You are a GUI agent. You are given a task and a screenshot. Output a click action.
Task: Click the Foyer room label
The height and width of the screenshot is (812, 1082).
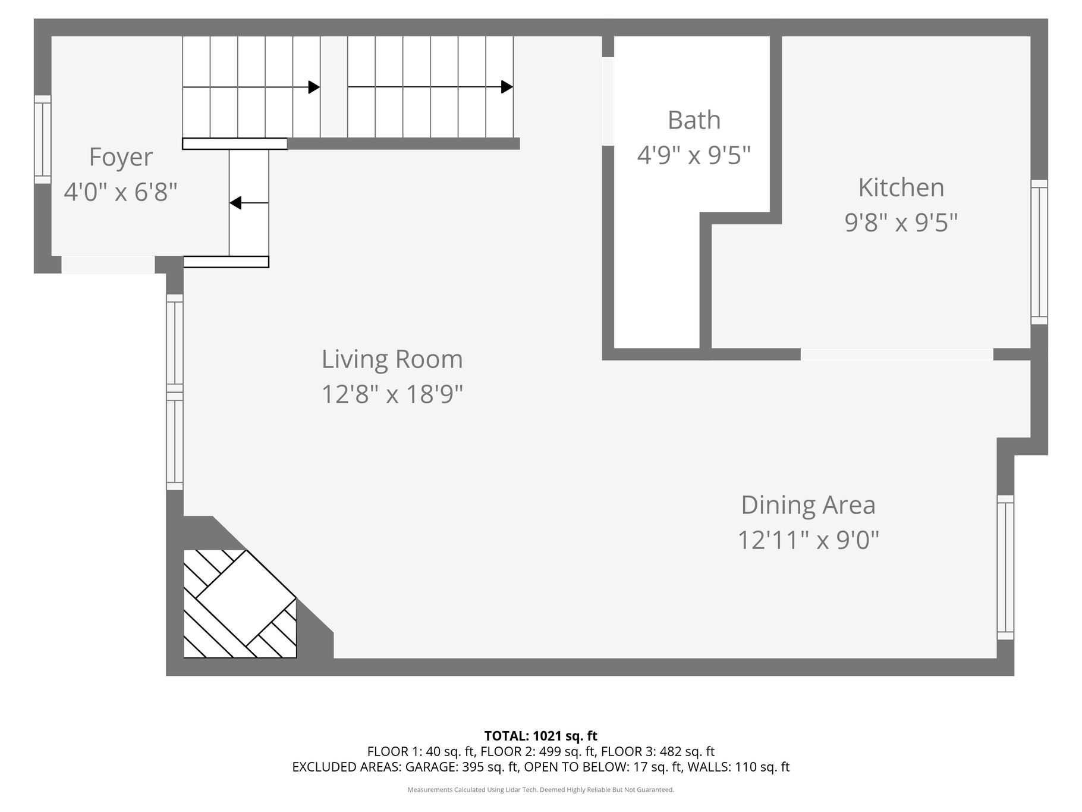[x=121, y=158]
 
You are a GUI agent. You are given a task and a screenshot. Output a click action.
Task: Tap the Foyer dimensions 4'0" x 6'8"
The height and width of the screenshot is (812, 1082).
[x=121, y=192]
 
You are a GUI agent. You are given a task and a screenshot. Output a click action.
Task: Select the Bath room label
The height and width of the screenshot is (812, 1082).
[x=694, y=120]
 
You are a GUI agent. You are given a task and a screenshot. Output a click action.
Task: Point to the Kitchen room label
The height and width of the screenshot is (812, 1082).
[x=901, y=187]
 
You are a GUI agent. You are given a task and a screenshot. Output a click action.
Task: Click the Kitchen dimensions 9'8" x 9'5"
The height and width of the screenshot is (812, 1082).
[x=901, y=222]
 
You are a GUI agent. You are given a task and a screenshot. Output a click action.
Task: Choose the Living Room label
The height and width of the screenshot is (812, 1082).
[x=392, y=359]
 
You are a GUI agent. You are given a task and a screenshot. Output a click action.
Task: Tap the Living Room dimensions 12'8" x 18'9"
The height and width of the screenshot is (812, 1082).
[x=392, y=394]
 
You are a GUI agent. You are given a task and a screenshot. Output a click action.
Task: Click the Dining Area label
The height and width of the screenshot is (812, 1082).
[x=808, y=505]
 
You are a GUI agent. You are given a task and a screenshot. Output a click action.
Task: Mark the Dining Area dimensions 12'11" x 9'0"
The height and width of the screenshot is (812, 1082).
[x=808, y=541]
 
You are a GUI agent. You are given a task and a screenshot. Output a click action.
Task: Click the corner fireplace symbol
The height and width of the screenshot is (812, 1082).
[x=240, y=604]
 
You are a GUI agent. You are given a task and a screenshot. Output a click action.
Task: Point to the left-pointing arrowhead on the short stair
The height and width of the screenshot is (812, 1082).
[x=235, y=203]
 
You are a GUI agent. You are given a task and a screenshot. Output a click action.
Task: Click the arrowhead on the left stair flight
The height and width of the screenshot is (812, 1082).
[x=314, y=87]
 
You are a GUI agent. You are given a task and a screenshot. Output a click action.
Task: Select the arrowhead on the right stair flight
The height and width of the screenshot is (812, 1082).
[x=507, y=87]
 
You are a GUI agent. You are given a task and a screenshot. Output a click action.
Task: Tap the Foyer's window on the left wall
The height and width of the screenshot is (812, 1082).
[x=42, y=139]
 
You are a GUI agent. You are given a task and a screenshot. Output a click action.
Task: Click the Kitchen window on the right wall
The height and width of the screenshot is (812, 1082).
[x=1039, y=252]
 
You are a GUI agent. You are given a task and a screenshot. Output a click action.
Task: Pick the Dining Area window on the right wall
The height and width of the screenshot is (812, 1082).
[x=1005, y=568]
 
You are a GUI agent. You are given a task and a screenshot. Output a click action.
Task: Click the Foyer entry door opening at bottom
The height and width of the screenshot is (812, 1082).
[x=108, y=265]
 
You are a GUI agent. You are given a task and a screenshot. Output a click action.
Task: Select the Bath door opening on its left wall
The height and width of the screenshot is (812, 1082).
[x=608, y=101]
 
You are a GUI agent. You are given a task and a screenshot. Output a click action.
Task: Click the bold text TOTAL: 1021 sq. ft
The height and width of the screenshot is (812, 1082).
[x=541, y=736]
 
